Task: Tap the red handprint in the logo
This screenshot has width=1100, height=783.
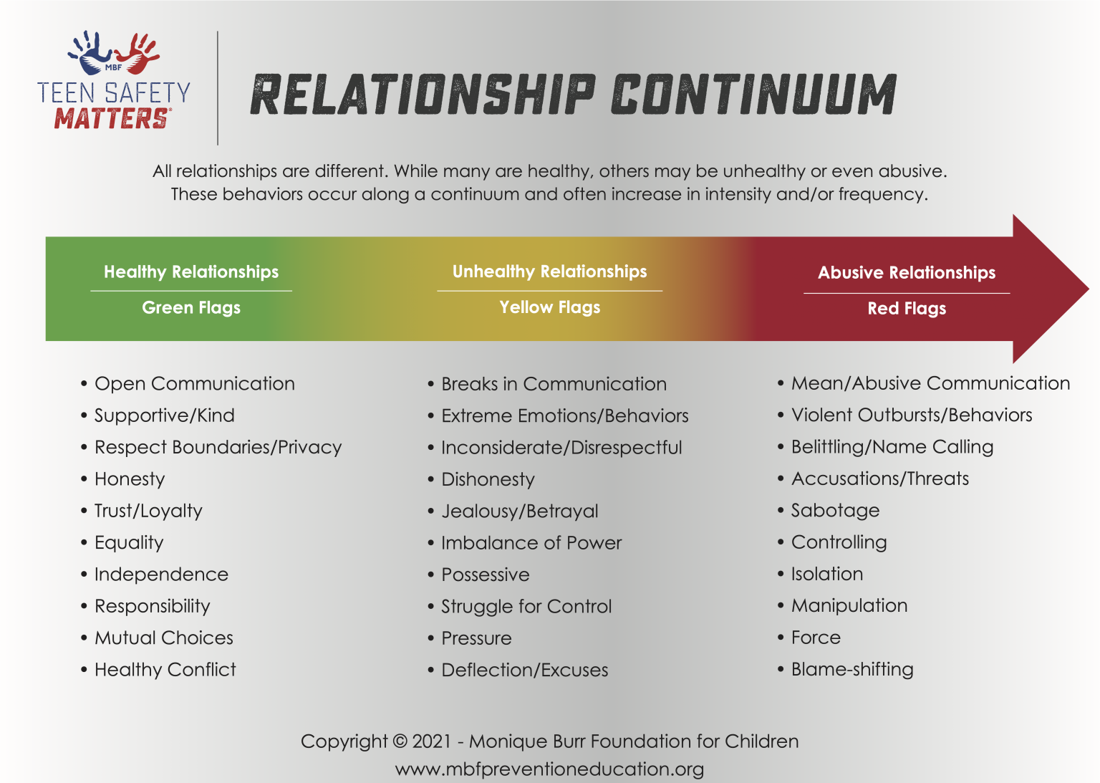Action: [138, 53]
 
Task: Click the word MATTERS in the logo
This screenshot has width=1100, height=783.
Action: [112, 118]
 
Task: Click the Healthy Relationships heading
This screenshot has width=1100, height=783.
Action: [191, 272]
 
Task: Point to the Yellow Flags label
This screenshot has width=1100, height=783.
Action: [550, 307]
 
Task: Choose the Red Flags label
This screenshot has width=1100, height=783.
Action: [907, 309]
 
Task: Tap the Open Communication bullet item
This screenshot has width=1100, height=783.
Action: [194, 384]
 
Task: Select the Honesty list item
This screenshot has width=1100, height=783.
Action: [130, 479]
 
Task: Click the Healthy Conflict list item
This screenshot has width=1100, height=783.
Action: [165, 670]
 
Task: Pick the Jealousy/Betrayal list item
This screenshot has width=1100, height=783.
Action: [519, 511]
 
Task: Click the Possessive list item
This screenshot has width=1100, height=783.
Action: [485, 575]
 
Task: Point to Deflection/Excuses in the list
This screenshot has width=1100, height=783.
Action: [524, 671]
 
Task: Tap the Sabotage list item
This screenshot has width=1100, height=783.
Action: [835, 511]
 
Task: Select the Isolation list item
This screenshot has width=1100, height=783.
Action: [826, 575]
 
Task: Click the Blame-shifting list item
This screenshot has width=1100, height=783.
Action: [852, 670]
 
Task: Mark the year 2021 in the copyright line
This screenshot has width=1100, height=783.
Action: [432, 741]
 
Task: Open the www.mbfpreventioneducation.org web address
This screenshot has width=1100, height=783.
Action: [549, 769]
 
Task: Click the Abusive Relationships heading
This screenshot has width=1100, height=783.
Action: [907, 273]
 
